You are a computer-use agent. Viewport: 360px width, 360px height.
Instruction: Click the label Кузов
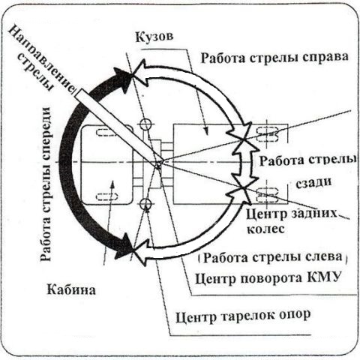coord(154,37)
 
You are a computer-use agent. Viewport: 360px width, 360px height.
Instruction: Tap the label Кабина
coord(71,290)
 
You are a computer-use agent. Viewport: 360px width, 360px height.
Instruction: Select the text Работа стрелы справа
coord(274,58)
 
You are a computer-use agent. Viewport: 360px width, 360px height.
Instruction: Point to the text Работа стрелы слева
coord(272,257)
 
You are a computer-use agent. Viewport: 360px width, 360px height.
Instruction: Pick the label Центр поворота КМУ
coord(268,277)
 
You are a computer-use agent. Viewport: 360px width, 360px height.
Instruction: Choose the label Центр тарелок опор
coord(243,316)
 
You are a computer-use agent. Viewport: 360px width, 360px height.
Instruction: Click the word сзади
coord(313,182)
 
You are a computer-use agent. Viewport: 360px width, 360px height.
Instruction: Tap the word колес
coord(265,229)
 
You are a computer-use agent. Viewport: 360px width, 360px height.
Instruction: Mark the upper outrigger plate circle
coord(145,124)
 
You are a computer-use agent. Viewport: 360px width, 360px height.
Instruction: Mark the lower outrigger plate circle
coord(145,204)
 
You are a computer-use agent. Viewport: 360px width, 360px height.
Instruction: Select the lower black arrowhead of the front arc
coord(124,246)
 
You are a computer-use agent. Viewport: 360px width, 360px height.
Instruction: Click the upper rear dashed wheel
coord(268,134)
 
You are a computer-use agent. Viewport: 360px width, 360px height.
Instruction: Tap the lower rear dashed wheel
coord(268,195)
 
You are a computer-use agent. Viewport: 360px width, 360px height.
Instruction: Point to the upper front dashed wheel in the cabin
coord(107,133)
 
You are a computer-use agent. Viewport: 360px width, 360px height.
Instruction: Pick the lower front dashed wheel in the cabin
coord(107,196)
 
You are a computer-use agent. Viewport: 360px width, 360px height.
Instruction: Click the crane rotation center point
coord(158,165)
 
